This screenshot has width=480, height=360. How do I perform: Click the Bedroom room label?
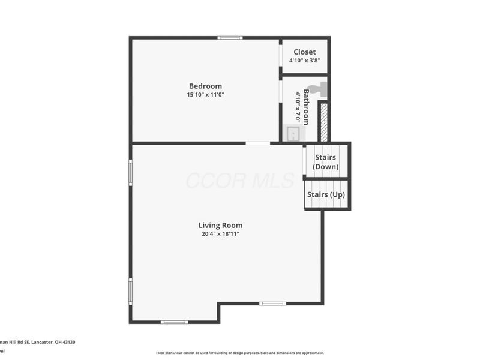pyautogui.click(x=205, y=86)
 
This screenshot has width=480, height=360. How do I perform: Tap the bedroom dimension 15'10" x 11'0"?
pyautogui.click(x=205, y=95)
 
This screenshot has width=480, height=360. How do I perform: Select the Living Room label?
pyautogui.click(x=220, y=226)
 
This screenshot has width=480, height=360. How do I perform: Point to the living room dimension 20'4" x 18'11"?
pyautogui.click(x=220, y=235)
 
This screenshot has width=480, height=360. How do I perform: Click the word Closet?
pyautogui.click(x=304, y=52)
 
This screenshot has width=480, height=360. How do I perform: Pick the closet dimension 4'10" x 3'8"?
pyautogui.click(x=304, y=61)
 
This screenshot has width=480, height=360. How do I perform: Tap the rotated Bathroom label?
pyautogui.click(x=305, y=107)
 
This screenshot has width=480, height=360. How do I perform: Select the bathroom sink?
pyautogui.click(x=293, y=133)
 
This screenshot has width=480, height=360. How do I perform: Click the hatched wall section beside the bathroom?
pyautogui.click(x=323, y=122)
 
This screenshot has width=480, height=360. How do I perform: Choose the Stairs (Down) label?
pyautogui.click(x=326, y=162)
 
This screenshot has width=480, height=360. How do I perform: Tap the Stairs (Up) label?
pyautogui.click(x=326, y=195)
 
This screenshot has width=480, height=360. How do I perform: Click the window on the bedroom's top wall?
pyautogui.click(x=230, y=38)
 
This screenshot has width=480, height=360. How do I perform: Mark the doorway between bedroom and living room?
pyautogui.click(x=257, y=143)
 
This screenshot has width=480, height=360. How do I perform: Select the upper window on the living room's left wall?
pyautogui.click(x=131, y=172)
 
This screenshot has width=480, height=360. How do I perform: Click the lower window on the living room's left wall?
pyautogui.click(x=131, y=291)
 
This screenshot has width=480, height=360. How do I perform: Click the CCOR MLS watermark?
pyautogui.click(x=240, y=180)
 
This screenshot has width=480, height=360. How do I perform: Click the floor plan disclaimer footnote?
pyautogui.click(x=240, y=353)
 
